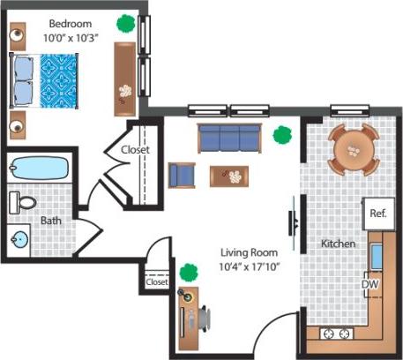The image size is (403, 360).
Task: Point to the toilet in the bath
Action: point(25,203)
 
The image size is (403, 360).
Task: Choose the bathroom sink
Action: point(20,238)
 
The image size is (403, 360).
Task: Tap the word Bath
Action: point(50,221)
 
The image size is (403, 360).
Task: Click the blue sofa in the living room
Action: point(229,138)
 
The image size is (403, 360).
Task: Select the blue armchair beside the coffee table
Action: point(183,175)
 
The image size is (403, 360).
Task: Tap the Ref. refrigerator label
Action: point(378,214)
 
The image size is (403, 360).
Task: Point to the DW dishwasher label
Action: point(370,284)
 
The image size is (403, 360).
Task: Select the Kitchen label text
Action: point(338,244)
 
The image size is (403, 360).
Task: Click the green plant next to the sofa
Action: point(282,135)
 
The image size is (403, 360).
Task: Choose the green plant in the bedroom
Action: point(127,23)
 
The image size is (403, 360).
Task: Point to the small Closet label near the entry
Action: point(156,283)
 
